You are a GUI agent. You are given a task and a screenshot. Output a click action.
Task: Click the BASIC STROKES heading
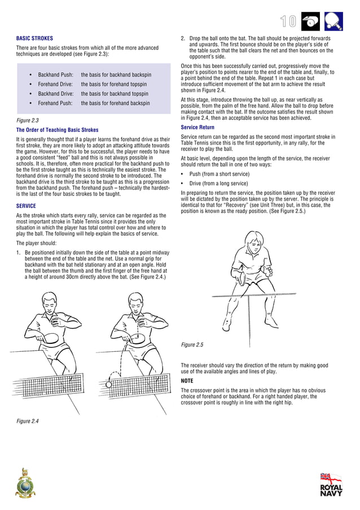(x=35, y=38)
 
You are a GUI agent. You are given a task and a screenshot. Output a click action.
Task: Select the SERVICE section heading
(x=26, y=206)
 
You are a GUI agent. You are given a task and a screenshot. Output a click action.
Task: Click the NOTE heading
(x=187, y=381)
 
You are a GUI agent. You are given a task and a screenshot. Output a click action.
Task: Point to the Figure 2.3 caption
(x=28, y=121)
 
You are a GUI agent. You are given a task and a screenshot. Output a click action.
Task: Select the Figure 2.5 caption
(x=192, y=345)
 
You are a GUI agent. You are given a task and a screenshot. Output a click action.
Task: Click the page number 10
(x=288, y=21)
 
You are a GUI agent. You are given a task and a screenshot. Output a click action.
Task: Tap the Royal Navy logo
(x=331, y=485)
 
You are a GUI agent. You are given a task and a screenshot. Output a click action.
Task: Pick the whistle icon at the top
(x=310, y=21)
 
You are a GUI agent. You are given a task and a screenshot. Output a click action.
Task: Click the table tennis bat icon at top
(x=334, y=21)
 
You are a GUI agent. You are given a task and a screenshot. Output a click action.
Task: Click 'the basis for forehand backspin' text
(x=115, y=103)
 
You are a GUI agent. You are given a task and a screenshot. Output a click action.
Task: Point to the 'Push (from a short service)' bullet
(x=218, y=174)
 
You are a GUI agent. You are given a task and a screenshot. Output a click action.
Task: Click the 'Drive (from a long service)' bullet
(x=218, y=184)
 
